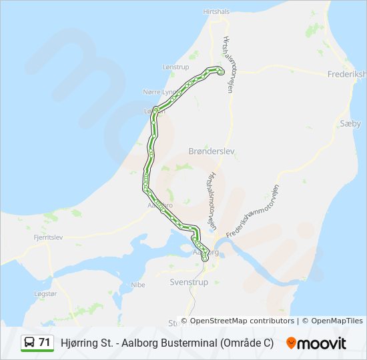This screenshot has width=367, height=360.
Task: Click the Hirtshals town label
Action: (x=217, y=12)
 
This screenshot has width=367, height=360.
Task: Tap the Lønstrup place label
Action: (x=176, y=68)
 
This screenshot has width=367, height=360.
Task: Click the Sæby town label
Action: (x=350, y=123)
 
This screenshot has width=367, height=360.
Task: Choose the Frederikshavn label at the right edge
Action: (x=347, y=75)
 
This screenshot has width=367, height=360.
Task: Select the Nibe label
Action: (x=138, y=285)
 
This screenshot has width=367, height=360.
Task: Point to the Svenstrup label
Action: (x=189, y=282)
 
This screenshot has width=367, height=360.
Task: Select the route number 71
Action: (x=45, y=343)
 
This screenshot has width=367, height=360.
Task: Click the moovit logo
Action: (x=316, y=343)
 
